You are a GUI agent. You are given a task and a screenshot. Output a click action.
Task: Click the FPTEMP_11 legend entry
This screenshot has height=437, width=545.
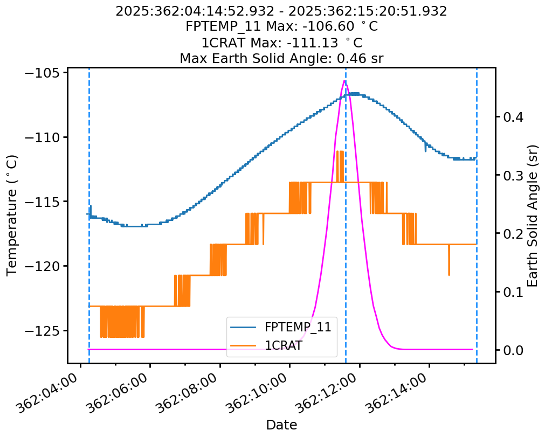297,327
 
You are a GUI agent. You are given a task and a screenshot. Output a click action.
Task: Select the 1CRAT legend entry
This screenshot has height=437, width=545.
283,346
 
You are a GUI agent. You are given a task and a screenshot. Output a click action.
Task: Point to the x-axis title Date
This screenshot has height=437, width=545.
281,425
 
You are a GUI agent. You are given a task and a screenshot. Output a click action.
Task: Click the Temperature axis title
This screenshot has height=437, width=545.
12,215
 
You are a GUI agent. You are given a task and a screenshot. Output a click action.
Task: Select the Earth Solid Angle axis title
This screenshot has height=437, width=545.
533,215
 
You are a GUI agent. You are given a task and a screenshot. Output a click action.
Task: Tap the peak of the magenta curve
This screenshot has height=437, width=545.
344,81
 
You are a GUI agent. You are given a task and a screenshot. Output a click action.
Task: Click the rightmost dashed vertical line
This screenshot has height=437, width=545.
477,216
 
